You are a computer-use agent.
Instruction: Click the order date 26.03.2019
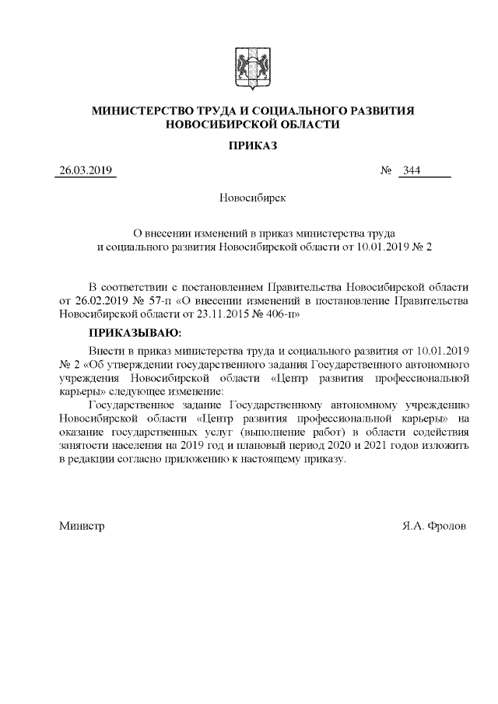point(86,171)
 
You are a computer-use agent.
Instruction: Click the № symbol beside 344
point(384,171)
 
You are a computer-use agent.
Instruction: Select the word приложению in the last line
point(231,460)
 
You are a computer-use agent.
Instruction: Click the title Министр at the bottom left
point(82,526)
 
